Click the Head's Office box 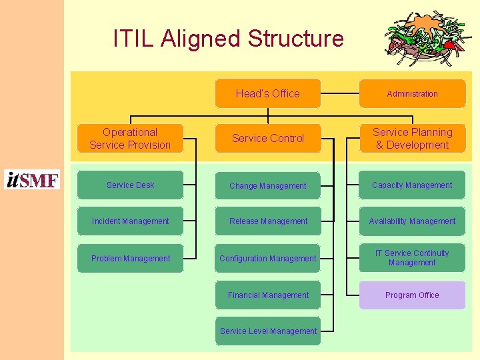pyautogui.click(x=267, y=93)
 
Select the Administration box pyautogui.click(x=412, y=94)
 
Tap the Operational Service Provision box pyautogui.click(x=130, y=139)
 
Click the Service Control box pyautogui.click(x=267, y=138)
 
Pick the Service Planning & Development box pyautogui.click(x=412, y=139)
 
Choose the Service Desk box pyautogui.click(x=130, y=185)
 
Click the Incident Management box pyautogui.click(x=130, y=221)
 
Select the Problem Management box pyautogui.click(x=130, y=259)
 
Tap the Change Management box pyautogui.click(x=267, y=186)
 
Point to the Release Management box pyautogui.click(x=267, y=221)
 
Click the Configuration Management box pyautogui.click(x=267, y=259)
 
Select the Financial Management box pyautogui.click(x=267, y=295)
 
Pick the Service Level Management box pyautogui.click(x=267, y=331)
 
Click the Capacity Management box pyautogui.click(x=412, y=185)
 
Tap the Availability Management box pyautogui.click(x=412, y=221)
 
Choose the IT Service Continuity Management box pyautogui.click(x=412, y=258)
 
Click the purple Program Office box pyautogui.click(x=412, y=295)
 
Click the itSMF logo pyautogui.click(x=32, y=180)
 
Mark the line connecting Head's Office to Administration pyautogui.click(x=340, y=94)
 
